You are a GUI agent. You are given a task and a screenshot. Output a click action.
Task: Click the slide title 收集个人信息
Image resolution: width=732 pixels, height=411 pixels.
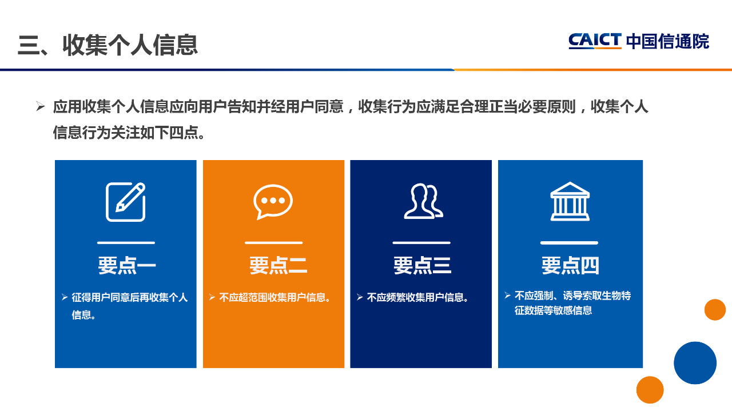click(130, 45)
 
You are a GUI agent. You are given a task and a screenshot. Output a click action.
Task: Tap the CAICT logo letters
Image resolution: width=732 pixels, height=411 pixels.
click(595, 41)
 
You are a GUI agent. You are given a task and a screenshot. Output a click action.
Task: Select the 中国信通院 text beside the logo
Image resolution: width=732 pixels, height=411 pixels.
click(667, 42)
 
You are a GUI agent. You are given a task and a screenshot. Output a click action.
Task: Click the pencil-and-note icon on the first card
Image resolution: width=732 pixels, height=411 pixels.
click(125, 202)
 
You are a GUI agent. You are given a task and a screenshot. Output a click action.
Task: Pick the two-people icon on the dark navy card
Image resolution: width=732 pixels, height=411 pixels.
click(424, 201)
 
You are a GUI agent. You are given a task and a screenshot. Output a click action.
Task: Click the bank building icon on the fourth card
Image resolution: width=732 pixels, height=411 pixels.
click(570, 201)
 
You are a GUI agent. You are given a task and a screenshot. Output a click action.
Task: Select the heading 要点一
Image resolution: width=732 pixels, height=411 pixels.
click(127, 265)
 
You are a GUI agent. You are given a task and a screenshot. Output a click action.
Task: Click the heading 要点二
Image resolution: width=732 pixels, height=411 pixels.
click(278, 265)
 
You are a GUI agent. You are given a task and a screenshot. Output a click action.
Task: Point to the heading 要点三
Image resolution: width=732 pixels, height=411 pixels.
click(422, 265)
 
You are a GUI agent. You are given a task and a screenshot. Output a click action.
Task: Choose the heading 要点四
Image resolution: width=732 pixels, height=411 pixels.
click(570, 265)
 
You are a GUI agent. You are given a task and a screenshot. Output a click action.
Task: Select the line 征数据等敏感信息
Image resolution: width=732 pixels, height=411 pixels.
click(553, 310)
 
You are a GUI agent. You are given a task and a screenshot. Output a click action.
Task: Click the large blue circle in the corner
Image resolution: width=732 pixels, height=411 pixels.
click(695, 362)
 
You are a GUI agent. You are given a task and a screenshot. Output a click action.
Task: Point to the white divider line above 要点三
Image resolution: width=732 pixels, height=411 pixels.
click(421, 243)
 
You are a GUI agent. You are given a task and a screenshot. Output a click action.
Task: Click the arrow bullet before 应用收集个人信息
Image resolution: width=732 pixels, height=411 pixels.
click(40, 106)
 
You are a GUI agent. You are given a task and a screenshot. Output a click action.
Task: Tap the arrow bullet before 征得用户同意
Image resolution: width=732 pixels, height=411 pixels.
click(65, 297)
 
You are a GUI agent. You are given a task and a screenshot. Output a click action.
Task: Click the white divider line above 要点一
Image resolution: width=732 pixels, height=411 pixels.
click(126, 243)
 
